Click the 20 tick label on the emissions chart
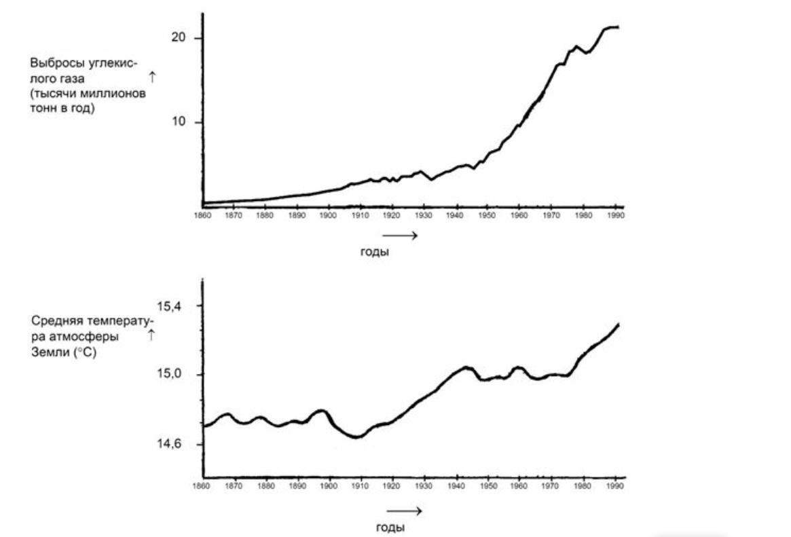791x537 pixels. [x=179, y=38]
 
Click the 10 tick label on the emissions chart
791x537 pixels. [x=179, y=122]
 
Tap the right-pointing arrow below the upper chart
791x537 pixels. [x=399, y=235]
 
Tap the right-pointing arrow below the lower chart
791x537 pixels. [x=405, y=511]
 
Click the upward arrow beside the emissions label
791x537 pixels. [x=152, y=79]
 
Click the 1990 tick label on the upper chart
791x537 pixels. [x=614, y=215]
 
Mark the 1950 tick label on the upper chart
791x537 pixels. [x=487, y=215]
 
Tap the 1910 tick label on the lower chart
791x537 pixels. [x=360, y=486]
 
